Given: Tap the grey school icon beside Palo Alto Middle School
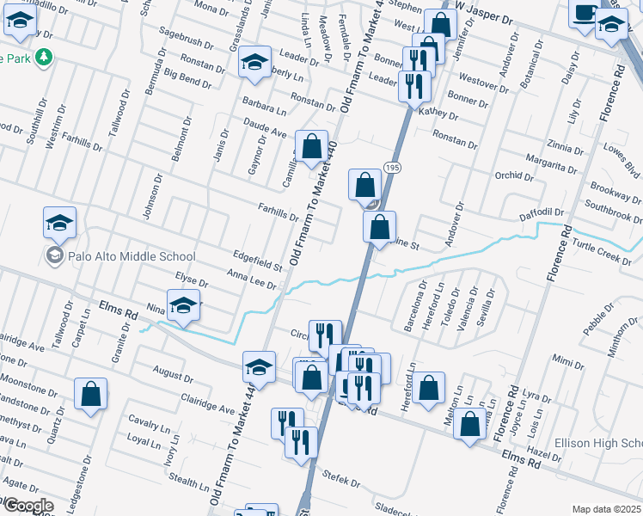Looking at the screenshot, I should point(54,256).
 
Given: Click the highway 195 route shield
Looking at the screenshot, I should point(393,167).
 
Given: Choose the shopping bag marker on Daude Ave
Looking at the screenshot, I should point(311,145).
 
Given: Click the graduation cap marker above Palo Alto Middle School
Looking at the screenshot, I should point(60,222).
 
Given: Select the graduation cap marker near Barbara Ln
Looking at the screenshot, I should point(254,61).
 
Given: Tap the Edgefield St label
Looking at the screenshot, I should point(258,261).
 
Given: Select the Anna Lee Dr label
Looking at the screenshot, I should point(251,278).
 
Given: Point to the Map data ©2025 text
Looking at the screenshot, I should point(605,509).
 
